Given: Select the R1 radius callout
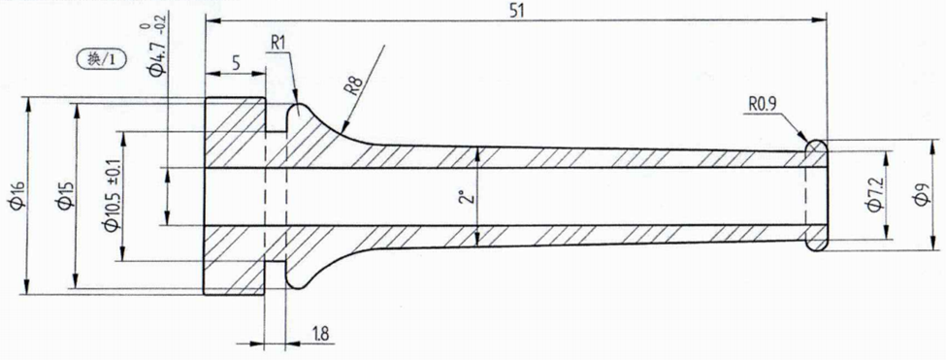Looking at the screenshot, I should tap(278, 44).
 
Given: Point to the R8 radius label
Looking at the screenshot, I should tap(353, 85).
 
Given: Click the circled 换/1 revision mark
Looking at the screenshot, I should tap(105, 59).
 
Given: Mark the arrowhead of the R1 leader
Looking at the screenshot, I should tap(296, 101).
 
